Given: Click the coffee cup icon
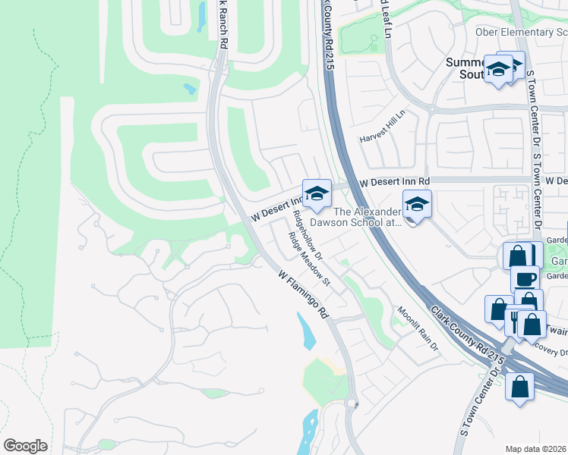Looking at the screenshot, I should pos(524,278).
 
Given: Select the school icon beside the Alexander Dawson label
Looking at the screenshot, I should pos(417,205).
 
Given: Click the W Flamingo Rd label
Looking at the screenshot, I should pos(302,295).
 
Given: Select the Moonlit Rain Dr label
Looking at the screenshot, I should pos(418,329).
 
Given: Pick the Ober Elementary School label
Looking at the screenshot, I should pos(521,32).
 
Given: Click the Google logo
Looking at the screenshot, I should pos(25,446).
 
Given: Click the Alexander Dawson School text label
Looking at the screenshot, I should pos(367,218).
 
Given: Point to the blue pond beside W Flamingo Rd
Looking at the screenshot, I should pos(307,331).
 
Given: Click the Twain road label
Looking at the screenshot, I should pos(557,331).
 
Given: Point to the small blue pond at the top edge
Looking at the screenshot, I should pos(201,15).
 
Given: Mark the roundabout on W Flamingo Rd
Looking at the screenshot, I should pos(352,404).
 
